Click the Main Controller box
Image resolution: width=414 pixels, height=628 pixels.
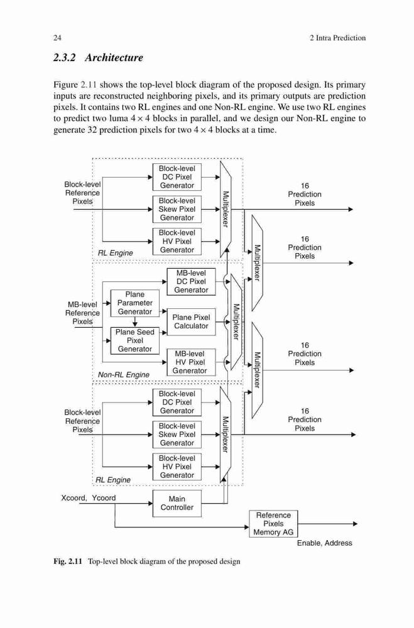pos(177,503)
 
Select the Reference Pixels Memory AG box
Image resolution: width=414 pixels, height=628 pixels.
pos(273,524)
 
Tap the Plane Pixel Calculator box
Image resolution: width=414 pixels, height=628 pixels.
pos(191,322)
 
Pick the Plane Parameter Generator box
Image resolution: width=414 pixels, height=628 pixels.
pos(134,303)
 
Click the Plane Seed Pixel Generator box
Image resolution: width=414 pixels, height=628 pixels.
pos(134,340)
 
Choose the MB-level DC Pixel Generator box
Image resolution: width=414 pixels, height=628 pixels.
pos(191,281)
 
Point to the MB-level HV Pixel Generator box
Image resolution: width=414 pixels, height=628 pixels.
pos(191,362)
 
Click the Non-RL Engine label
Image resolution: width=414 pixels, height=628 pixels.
pos(123,374)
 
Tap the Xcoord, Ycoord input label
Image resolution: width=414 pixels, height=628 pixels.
pos(88,498)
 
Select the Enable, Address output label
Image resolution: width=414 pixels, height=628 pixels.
pos(325,543)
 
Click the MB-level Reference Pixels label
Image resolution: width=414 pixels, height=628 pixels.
pos(82,313)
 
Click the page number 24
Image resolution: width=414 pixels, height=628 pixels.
pos(57,38)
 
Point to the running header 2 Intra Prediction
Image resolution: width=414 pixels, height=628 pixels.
pos(337,38)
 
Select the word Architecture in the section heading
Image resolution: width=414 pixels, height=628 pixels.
pos(114,58)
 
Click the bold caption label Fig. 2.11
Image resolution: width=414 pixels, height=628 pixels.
pos(67,561)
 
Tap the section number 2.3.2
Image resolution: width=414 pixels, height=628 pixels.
pos(65,58)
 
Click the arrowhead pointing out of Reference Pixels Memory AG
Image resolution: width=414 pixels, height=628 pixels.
pos(354,524)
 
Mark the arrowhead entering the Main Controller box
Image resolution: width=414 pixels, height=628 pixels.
pos(150,503)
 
